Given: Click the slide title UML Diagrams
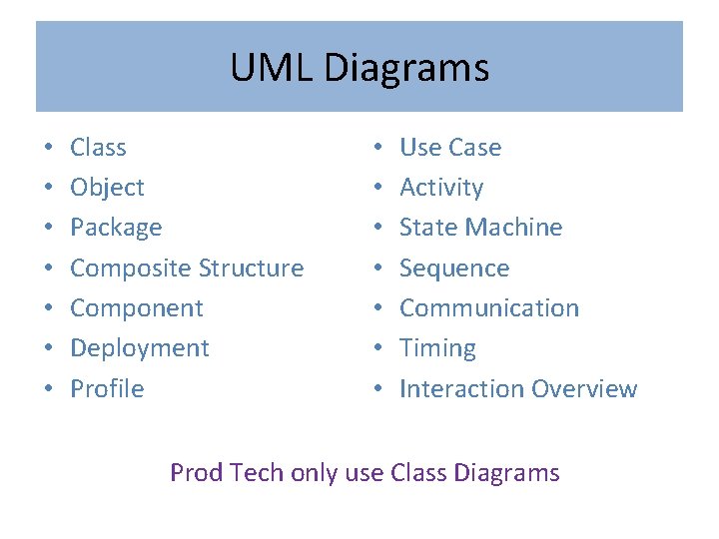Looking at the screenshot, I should (359, 68).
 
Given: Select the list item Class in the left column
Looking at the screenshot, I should (98, 148).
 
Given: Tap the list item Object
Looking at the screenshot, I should (107, 188).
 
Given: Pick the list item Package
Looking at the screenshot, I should (116, 228).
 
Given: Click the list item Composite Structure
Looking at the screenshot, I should (187, 269).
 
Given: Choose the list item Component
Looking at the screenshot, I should (137, 308).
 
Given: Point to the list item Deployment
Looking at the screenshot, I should (140, 348).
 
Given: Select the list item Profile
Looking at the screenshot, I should (107, 389).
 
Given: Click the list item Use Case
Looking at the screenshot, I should (450, 148).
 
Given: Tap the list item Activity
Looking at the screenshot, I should (441, 188).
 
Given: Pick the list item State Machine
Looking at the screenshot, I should (480, 228).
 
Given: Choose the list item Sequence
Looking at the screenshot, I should (454, 269).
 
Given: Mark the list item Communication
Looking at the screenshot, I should (489, 308).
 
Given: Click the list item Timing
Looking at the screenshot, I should (437, 348).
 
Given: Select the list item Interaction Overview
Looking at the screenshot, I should (518, 389).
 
